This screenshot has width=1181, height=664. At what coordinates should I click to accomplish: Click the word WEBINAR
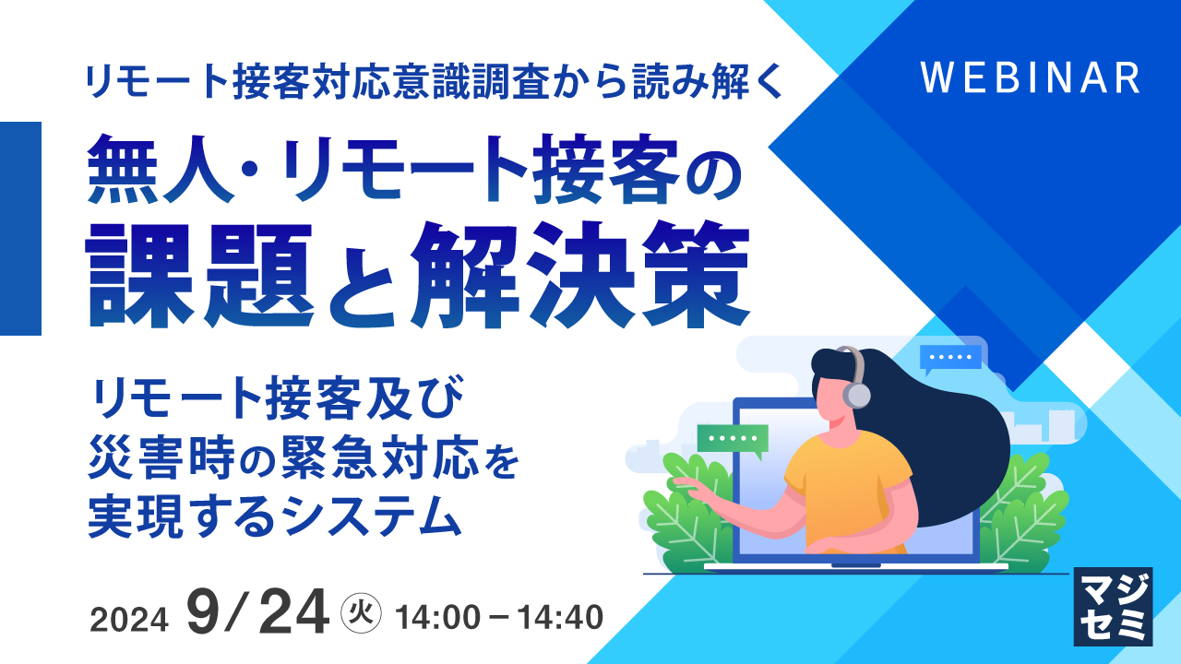tap(1031, 78)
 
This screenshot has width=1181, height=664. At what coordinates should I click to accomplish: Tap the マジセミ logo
tap(1113, 606)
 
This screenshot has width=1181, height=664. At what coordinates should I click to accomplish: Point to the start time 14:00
tap(436, 615)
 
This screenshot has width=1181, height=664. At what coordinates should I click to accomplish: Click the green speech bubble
tap(733, 440)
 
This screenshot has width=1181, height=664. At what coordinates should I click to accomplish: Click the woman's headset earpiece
tap(856, 395)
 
